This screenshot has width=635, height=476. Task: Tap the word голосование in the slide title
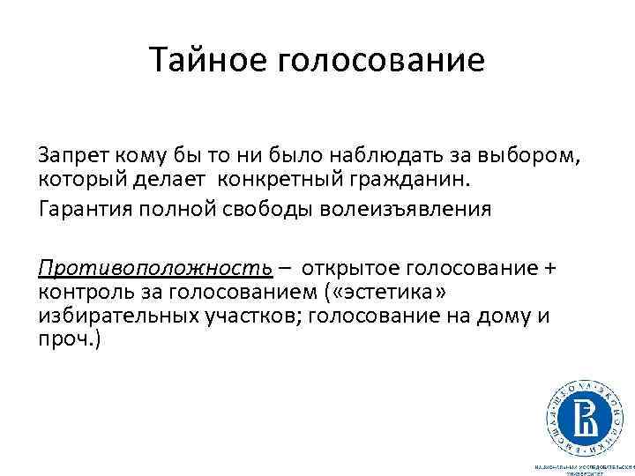[381, 61]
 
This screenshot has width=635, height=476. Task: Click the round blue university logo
[583, 410]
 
